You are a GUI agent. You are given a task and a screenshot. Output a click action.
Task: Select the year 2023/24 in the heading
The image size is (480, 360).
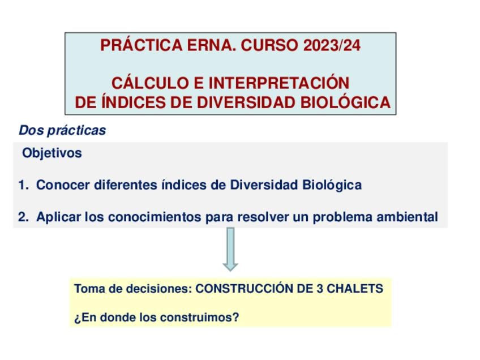(332, 45)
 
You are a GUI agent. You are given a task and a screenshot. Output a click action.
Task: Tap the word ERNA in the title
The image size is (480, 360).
(209, 45)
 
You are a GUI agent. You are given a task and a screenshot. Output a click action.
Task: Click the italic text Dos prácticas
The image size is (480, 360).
(62, 130)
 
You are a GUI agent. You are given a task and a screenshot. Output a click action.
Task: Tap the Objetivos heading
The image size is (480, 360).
(52, 153)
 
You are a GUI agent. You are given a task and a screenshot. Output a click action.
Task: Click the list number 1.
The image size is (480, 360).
(23, 185)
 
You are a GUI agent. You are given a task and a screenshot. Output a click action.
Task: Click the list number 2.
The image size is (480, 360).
(23, 217)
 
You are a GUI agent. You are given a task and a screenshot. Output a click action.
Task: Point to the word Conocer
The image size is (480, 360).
(63, 185)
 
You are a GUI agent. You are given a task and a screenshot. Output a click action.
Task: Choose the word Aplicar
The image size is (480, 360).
(59, 217)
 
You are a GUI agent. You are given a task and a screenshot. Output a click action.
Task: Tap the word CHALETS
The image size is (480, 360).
(355, 289)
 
